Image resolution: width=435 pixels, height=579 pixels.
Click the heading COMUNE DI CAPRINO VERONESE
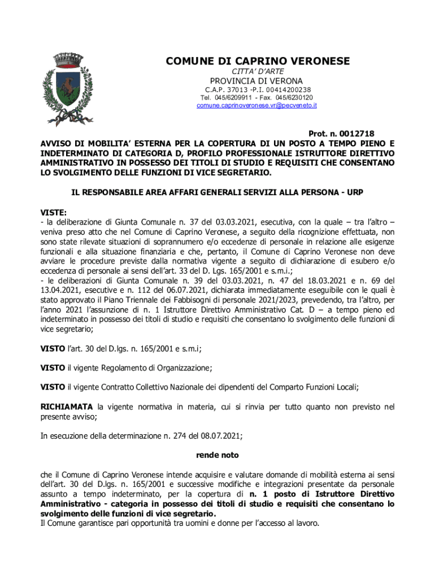[x=258, y=61]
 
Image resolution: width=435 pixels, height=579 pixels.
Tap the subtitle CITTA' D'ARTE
[x=258, y=71]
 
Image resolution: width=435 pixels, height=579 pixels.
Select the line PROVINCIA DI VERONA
[x=256, y=81]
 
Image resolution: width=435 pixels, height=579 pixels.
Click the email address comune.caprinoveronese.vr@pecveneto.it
[x=256, y=106]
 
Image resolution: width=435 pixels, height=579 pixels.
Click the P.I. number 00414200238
[x=284, y=90]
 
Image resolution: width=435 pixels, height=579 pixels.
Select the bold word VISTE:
[x=53, y=212]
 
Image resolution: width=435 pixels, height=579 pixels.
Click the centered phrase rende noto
[x=217, y=455]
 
